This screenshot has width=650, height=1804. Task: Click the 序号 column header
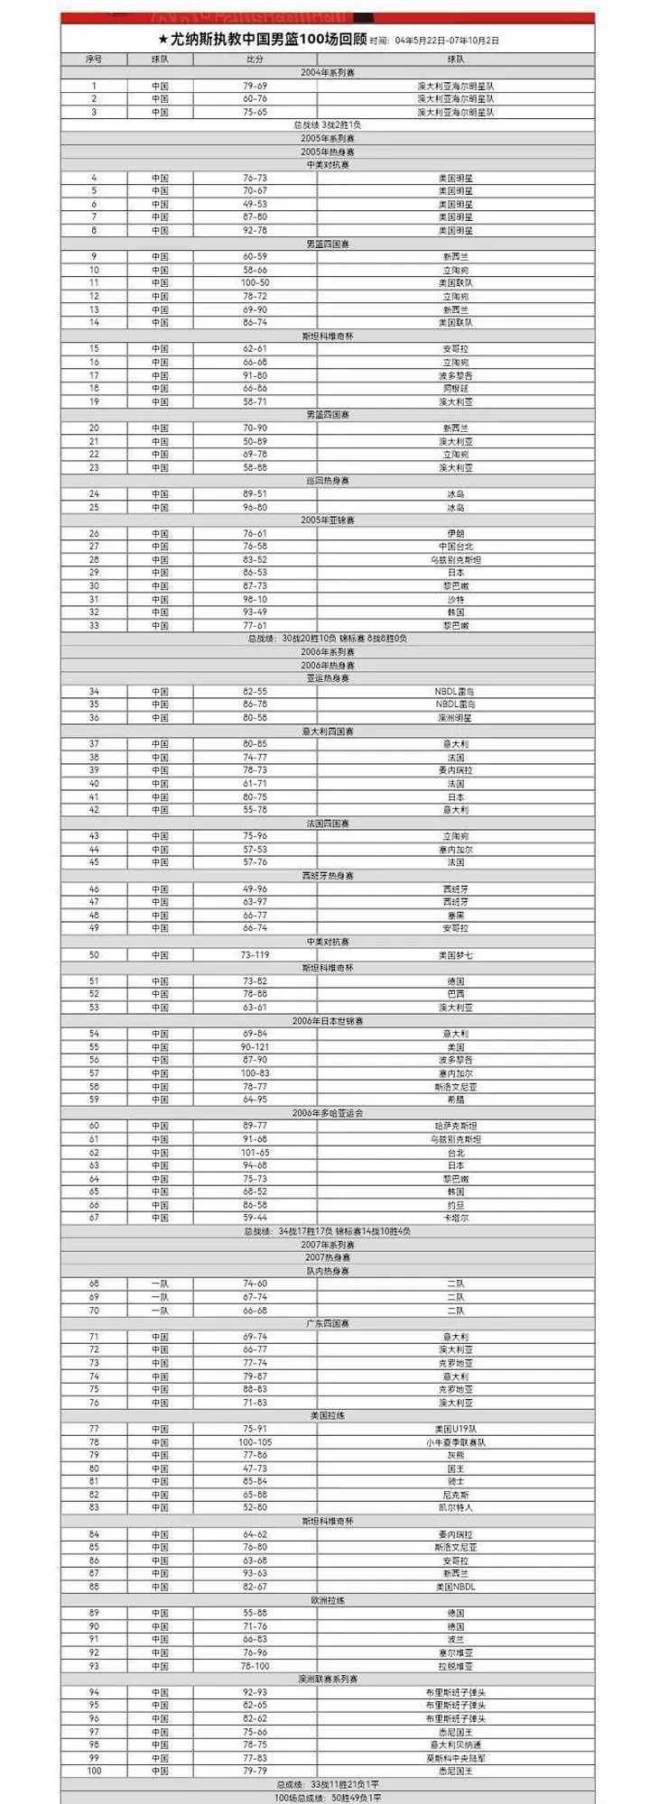pyautogui.click(x=94, y=60)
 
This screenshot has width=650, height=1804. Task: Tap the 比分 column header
pyautogui.click(x=255, y=60)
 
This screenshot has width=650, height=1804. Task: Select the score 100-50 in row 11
pyautogui.click(x=255, y=283)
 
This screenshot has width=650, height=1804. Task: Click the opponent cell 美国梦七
pyautogui.click(x=456, y=954)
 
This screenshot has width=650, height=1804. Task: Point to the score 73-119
pyautogui.click(x=255, y=954)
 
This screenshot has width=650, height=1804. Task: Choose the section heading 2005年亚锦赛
pyautogui.click(x=328, y=520)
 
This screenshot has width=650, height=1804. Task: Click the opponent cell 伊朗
pyautogui.click(x=456, y=533)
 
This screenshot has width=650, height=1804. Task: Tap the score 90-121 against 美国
pyautogui.click(x=255, y=1047)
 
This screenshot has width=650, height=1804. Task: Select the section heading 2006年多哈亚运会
pyautogui.click(x=328, y=1113)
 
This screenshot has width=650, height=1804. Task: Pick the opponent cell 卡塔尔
pyautogui.click(x=456, y=1218)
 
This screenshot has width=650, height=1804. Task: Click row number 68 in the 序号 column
pyautogui.click(x=94, y=1284)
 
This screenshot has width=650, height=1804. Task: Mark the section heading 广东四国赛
pyautogui.click(x=328, y=1323)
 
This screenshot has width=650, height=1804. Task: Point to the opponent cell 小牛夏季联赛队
pyautogui.click(x=456, y=1441)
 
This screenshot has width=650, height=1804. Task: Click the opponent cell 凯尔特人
pyautogui.click(x=456, y=1507)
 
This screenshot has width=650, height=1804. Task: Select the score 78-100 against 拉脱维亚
pyautogui.click(x=255, y=1665)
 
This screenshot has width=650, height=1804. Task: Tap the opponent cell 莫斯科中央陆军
pyautogui.click(x=456, y=1757)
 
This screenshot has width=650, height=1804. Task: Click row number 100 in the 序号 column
pyautogui.click(x=94, y=1771)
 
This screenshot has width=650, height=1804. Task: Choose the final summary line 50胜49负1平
pyautogui.click(x=328, y=1797)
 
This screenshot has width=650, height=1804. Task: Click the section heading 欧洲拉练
pyautogui.click(x=328, y=1600)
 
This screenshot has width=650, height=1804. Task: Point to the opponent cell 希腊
pyautogui.click(x=456, y=1100)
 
